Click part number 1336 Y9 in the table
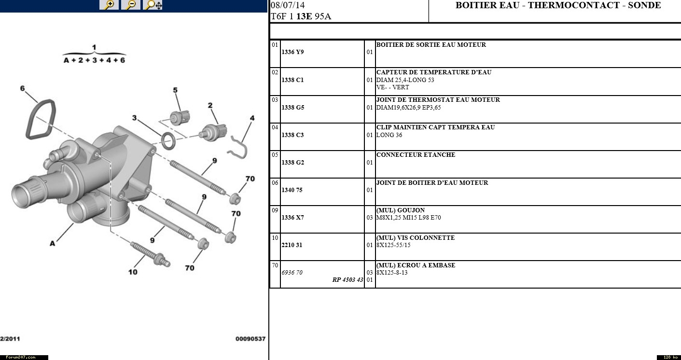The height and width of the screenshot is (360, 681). pos(292,52)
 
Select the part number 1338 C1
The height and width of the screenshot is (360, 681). pos(292,80)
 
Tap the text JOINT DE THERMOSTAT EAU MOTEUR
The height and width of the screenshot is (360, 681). pos(438,100)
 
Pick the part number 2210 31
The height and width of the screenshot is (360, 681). pos(292,245)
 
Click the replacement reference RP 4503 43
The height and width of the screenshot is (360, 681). pos(347,280)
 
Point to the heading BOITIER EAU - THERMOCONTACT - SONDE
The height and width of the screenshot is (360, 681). pos(558,6)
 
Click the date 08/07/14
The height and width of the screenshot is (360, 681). pos(288,6)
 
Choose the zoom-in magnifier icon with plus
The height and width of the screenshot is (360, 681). pos(110,5)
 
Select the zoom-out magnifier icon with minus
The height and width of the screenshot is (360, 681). pos(131,5)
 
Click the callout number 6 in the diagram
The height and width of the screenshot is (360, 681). pos(22,88)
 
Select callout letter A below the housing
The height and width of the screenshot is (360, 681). pos(52,244)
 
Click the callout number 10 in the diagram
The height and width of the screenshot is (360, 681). pos(133,272)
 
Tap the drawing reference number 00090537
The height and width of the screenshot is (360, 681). pos(250,339)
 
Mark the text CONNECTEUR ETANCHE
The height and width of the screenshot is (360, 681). pos(416,155)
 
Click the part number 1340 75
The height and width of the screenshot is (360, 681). pos(292,190)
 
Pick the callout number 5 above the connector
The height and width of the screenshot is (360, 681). pos(175,90)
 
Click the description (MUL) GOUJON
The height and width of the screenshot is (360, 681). pos(400,210)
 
